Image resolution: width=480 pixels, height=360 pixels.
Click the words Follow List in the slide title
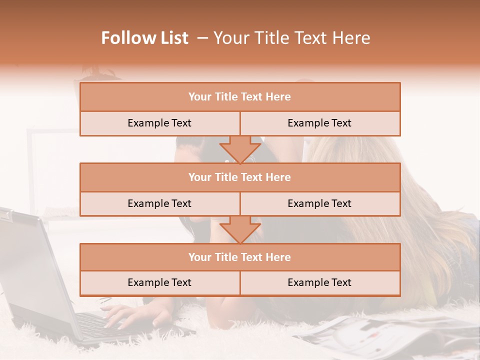pos(145,38)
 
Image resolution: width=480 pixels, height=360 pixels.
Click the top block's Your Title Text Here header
pos(239,97)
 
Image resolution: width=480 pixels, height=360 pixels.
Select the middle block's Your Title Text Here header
pos(239,177)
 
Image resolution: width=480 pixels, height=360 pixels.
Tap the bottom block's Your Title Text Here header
pos(239,257)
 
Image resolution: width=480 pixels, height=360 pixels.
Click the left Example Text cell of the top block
pos(159,123)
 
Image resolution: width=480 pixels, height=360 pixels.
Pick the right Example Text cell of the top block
pos(319,123)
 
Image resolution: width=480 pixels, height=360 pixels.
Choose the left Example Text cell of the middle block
pos(159,203)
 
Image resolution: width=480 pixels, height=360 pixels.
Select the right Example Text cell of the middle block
pos(319,203)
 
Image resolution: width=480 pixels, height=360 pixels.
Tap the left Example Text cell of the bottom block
pos(159,282)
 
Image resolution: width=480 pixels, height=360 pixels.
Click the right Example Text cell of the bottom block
pos(319,282)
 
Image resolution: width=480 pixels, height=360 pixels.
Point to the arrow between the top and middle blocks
pos(240,149)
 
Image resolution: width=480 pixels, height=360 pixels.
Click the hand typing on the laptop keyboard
pos(132,315)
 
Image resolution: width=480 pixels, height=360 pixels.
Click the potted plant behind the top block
pos(97,72)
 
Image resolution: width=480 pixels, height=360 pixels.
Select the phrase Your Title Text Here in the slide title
pos(292,38)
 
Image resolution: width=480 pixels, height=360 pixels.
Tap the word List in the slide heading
pos(172,38)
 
